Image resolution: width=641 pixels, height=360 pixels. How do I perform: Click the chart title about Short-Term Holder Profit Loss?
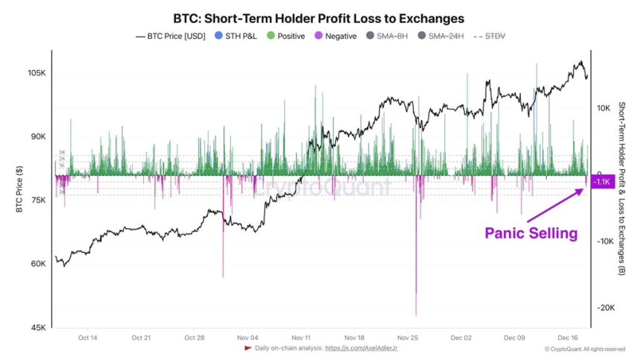[320, 17]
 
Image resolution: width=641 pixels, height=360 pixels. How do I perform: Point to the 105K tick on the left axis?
[37, 74]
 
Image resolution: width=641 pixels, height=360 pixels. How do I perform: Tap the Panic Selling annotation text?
[531, 233]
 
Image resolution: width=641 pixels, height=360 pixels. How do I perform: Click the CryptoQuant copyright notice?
[584, 349]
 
